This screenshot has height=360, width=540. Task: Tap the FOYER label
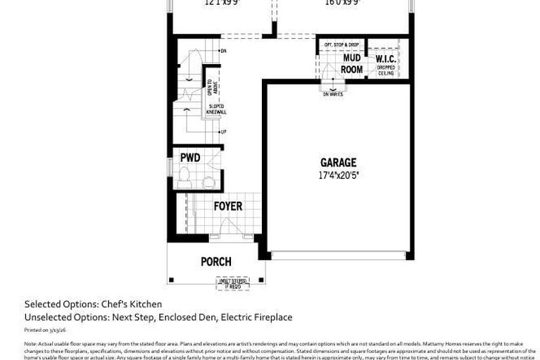pyautogui.click(x=228, y=206)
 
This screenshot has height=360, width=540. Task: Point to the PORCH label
pyautogui.click(x=216, y=261)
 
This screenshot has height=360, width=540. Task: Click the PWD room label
pyautogui.click(x=190, y=157)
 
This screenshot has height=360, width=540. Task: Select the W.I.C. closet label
pyautogui.click(x=385, y=58)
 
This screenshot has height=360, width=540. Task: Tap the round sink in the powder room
pyautogui.click(x=208, y=182)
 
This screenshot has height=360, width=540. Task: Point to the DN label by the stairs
pyautogui.click(x=223, y=51)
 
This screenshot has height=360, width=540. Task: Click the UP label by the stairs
pyautogui.click(x=223, y=132)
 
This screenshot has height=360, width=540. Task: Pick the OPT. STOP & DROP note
pyautogui.click(x=341, y=45)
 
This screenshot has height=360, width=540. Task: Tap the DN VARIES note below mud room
pyautogui.click(x=333, y=94)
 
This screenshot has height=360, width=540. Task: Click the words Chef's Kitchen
pyautogui.click(x=132, y=304)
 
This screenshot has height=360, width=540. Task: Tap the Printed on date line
pyautogui.click(x=45, y=330)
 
